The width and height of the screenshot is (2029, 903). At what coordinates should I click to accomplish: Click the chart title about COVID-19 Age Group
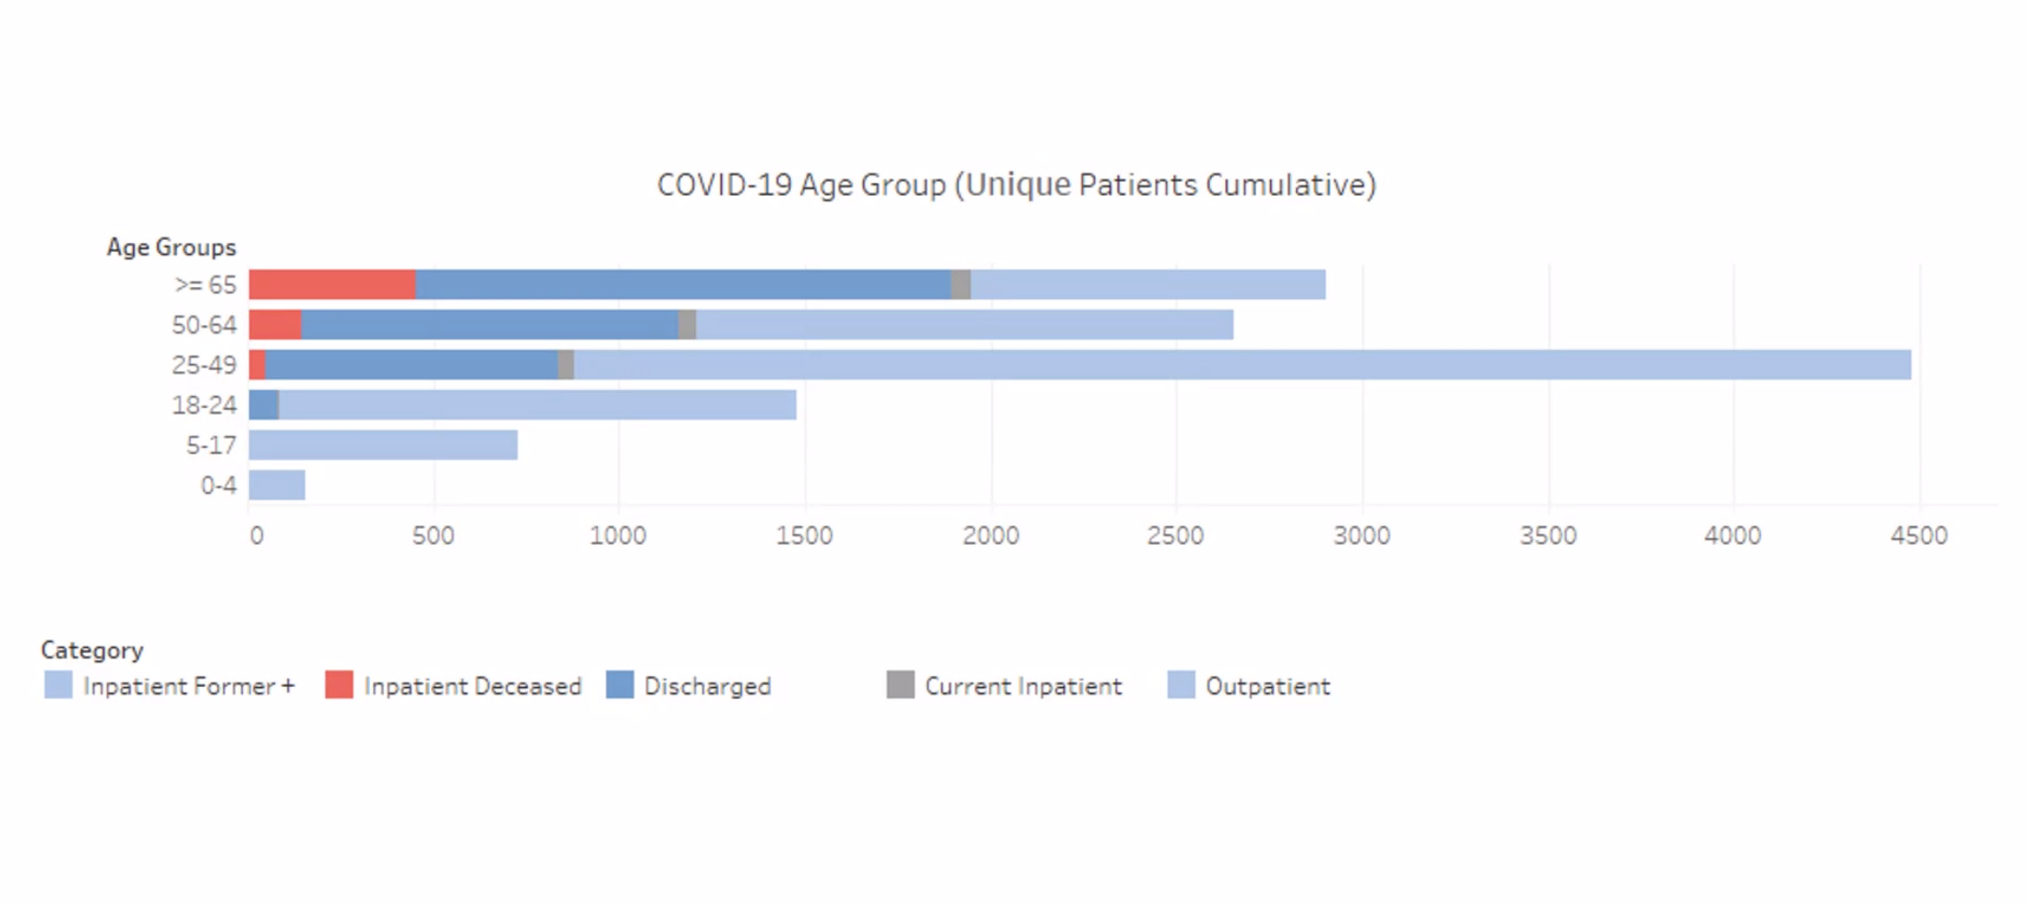[x=1016, y=185]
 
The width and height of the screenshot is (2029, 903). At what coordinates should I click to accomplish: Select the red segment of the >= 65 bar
[x=332, y=284]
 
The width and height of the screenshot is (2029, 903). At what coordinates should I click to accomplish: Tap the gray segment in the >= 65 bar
[x=961, y=284]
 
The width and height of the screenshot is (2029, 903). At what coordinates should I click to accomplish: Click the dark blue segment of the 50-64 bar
[x=490, y=324]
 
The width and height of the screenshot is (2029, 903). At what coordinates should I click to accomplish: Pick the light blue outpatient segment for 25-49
[x=1243, y=365]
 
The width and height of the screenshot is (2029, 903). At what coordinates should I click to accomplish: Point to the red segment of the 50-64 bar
[x=275, y=324]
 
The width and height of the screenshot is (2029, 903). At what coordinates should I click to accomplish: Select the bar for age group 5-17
[x=383, y=445]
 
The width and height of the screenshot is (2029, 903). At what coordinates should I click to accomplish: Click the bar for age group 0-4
[x=277, y=485]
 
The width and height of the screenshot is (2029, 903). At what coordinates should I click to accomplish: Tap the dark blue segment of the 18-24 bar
[x=263, y=404]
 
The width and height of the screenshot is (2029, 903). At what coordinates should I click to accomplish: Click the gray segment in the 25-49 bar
[x=566, y=365]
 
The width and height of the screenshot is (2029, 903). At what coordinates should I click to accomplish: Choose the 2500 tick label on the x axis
[x=1175, y=536]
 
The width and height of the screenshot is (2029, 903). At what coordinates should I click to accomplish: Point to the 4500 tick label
[x=1918, y=536]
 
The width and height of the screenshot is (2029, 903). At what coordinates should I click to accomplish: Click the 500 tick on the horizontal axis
[x=433, y=536]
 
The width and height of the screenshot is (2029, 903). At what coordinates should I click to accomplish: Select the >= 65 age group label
[x=205, y=284]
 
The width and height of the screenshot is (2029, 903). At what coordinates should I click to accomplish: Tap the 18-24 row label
[x=204, y=405]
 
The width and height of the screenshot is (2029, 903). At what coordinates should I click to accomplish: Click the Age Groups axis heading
[x=171, y=247]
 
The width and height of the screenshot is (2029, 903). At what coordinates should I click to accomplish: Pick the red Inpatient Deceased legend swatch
[x=339, y=685]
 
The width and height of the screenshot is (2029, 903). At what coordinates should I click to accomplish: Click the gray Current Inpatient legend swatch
[x=900, y=685]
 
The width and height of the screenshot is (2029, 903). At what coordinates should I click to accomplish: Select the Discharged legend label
[x=707, y=686]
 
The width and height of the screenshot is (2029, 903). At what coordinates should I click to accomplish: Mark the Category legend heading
[x=92, y=650]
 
